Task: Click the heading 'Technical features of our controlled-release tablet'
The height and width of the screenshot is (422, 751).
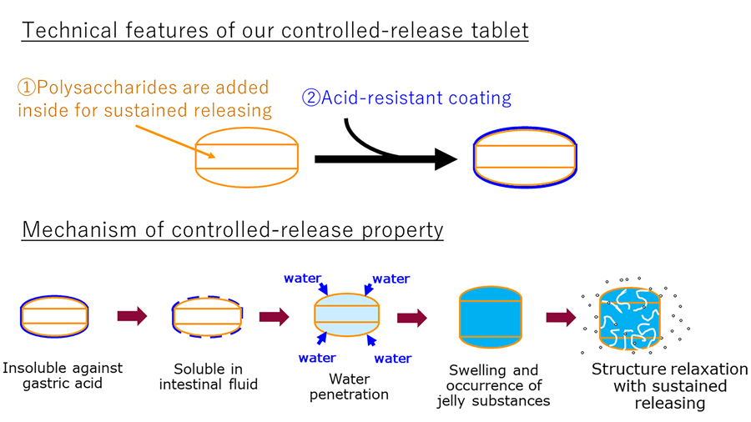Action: coord(275,31)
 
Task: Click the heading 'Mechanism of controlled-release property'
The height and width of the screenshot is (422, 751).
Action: coord(232,229)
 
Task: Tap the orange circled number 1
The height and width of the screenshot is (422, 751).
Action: coord(27,88)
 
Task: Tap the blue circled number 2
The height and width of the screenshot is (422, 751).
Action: coord(310,98)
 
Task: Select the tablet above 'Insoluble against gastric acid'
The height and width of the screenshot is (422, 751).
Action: coord(53,316)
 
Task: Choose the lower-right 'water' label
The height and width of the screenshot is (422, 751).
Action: coord(393,359)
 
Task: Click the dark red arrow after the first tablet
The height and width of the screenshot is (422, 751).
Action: coord(132,316)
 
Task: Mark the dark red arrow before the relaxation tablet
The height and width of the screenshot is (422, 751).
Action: coord(561,317)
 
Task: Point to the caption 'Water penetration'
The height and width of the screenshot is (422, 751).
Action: coord(348,387)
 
